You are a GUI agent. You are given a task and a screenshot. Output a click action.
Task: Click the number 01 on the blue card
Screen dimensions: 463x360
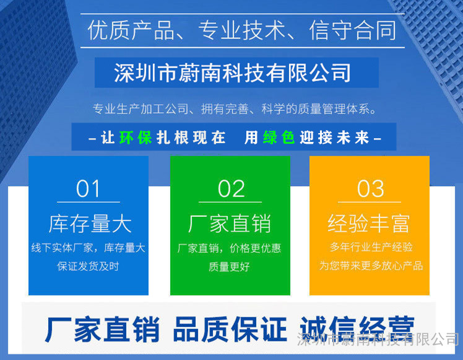pos(88,188)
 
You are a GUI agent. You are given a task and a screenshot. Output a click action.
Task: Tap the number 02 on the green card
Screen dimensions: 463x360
pos(231,188)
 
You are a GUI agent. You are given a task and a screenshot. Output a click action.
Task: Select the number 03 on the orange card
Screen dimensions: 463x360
pos(371,188)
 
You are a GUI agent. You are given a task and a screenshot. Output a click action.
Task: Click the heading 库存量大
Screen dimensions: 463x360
pos(90,224)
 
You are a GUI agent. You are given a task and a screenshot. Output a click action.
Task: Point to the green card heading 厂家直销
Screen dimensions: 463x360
pos(230,224)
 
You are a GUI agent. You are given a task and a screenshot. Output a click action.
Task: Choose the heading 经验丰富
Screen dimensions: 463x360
pos(369,224)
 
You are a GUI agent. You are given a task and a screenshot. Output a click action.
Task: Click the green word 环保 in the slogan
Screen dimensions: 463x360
pos(136,138)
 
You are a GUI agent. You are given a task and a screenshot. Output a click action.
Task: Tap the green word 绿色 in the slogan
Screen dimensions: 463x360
pos(279,138)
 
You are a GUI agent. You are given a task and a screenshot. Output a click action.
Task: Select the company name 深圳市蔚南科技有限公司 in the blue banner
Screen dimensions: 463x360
pos(233,72)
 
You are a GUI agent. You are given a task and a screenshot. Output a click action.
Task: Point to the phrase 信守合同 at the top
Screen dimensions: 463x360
pos(353,30)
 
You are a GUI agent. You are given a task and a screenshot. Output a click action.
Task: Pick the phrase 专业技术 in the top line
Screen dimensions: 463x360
pos(241,30)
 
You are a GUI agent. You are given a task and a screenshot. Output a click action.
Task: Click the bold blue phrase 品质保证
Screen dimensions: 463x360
pos(230,329)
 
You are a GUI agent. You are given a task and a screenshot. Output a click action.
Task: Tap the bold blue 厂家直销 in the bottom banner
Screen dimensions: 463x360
pos(102,329)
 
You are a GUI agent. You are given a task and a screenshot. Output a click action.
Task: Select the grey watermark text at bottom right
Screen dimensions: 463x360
pos(378,340)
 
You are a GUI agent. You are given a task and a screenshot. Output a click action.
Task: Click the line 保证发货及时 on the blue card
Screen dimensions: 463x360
pos(88,266)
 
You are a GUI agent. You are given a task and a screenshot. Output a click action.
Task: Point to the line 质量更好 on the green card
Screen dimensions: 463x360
pos(229,267)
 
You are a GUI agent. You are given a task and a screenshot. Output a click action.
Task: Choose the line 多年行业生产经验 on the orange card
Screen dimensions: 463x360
pos(371,247)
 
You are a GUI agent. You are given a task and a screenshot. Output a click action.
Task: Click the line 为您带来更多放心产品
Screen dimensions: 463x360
pos(371,266)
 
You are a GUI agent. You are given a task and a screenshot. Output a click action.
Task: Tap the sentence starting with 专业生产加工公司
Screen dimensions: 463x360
pos(235,109)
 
